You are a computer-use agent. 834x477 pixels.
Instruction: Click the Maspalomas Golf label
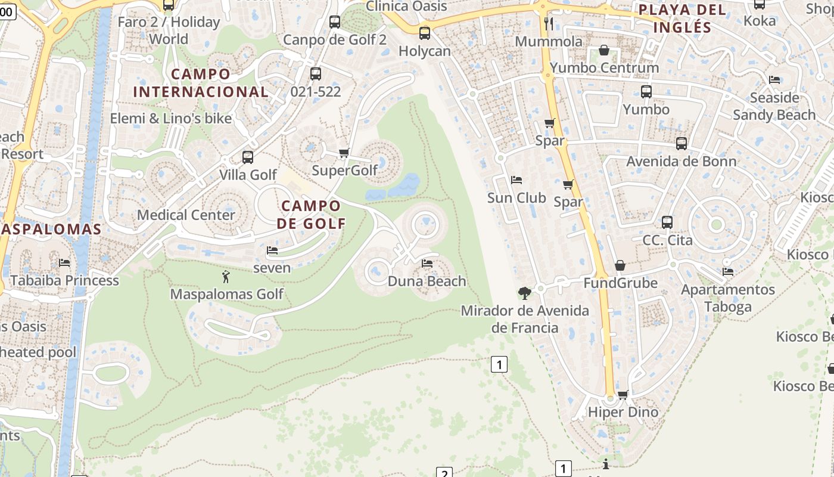point(226,294)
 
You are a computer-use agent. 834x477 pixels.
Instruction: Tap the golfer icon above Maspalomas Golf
point(226,277)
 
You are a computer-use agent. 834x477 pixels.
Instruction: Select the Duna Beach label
point(427,281)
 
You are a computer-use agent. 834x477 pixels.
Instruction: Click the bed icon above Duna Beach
point(427,263)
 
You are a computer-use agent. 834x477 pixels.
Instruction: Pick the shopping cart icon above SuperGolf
point(344,153)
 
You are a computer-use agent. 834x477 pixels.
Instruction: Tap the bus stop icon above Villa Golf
point(248,157)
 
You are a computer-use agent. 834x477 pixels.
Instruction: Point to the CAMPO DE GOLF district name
point(311,215)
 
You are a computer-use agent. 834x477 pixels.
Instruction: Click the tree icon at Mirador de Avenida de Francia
point(525,293)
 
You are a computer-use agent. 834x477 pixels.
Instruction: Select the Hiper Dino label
point(623,412)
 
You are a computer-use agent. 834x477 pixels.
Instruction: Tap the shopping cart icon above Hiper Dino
point(623,395)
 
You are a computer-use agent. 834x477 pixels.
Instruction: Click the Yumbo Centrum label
point(604,67)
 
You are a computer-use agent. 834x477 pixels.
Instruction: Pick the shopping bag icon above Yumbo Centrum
point(604,50)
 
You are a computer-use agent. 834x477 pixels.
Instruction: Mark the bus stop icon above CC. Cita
point(667,222)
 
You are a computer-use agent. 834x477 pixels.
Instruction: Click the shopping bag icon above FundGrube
point(620,265)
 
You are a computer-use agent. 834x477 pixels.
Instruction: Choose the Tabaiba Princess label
point(64,280)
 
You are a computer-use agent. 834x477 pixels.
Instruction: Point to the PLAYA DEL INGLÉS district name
point(682,18)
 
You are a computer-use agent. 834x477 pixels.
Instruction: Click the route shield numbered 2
point(444,473)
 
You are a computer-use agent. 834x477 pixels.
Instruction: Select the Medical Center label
point(186,215)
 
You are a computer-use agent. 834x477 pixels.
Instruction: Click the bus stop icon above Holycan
point(425,33)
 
